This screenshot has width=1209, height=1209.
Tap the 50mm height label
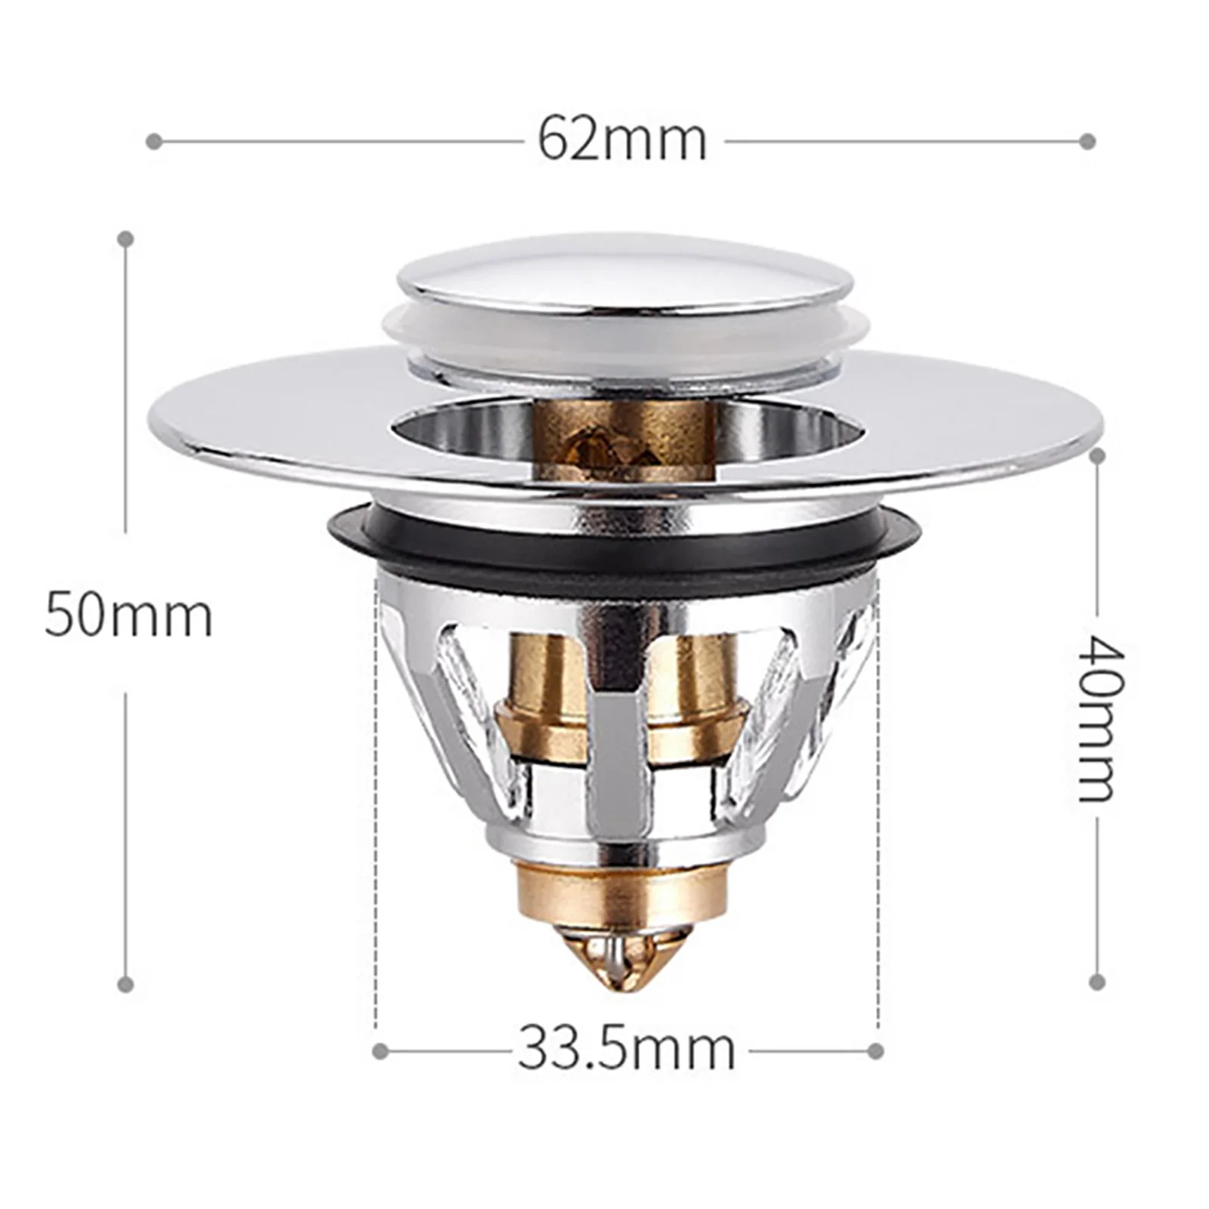(x=128, y=616)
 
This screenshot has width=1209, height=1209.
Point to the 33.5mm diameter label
(x=626, y=1049)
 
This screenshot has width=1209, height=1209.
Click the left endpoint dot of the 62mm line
(x=154, y=141)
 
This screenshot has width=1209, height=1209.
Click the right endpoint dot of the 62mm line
(x=1087, y=141)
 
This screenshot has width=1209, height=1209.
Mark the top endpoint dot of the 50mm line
(x=127, y=239)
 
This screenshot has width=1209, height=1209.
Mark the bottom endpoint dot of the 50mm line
(x=127, y=983)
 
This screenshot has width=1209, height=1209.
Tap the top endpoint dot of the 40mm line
(x=1098, y=456)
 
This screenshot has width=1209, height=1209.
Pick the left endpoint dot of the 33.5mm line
(x=381, y=1050)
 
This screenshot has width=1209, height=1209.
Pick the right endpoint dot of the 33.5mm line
(x=876, y=1050)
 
